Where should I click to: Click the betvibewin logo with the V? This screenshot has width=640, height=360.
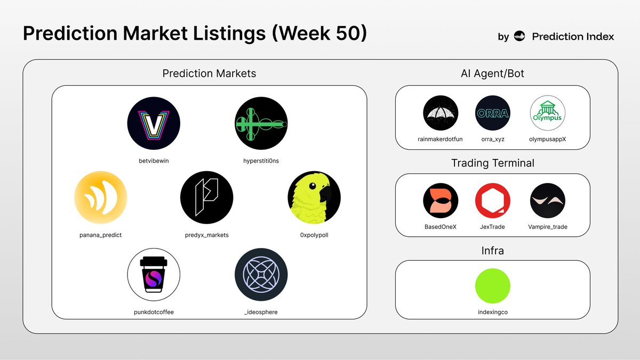[154, 123]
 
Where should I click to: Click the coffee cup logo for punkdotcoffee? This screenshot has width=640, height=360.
[154, 275]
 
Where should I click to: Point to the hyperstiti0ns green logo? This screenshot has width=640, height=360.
[261, 123]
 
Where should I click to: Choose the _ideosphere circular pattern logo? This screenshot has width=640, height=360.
[261, 275]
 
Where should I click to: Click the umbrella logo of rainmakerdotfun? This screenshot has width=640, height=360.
[441, 113]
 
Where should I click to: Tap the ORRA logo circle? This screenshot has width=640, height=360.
[493, 113]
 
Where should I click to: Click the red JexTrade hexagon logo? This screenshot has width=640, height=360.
[493, 201]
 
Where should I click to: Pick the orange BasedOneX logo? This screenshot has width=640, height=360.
[441, 201]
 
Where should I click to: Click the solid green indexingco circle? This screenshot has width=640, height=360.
[493, 286]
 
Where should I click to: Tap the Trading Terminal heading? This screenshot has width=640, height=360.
[493, 163]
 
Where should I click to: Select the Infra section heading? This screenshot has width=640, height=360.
[493, 250]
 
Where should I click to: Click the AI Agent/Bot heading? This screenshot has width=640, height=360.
[493, 74]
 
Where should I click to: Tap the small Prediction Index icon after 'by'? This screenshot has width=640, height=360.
[519, 37]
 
